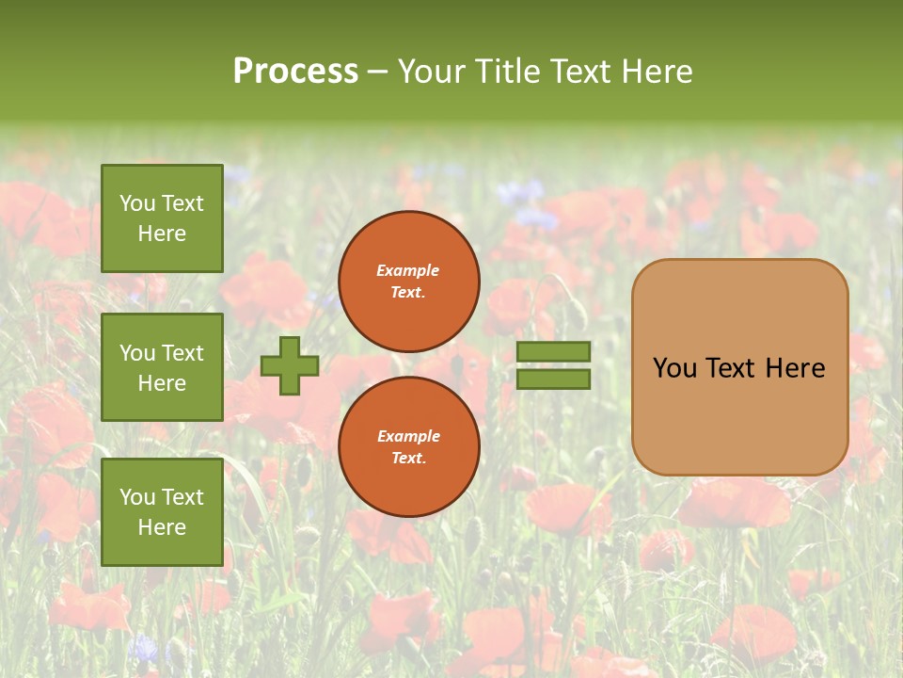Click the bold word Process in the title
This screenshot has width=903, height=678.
(295, 72)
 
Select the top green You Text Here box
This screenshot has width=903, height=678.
(162, 218)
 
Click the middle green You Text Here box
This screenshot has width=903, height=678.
(162, 367)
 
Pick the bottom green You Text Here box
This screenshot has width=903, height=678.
(162, 512)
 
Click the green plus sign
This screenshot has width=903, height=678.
(290, 365)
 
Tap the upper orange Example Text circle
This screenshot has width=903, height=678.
(408, 281)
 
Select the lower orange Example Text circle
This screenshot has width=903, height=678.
(408, 446)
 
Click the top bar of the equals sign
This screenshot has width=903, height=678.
(553, 352)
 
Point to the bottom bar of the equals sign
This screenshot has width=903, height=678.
(553, 379)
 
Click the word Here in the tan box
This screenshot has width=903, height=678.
(795, 368)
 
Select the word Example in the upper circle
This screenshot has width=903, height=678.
(408, 270)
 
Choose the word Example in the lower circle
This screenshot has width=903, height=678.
(408, 436)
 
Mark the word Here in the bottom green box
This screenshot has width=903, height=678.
(162, 527)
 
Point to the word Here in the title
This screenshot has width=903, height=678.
(658, 72)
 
